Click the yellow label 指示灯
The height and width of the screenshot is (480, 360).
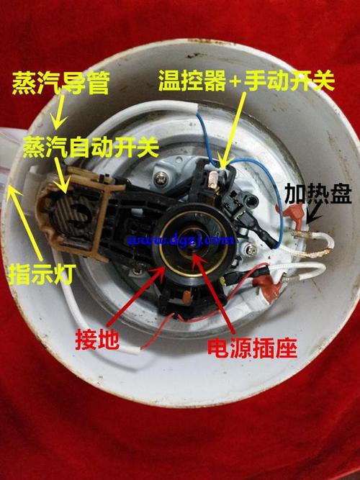(x=41, y=274)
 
